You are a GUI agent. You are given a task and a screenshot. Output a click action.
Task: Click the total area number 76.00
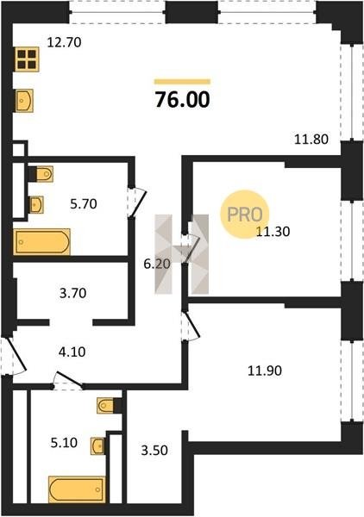pyautogui.click(x=182, y=100)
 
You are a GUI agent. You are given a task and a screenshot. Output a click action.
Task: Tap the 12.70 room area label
pyautogui.click(x=64, y=42)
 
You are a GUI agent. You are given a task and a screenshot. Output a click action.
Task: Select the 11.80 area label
pyautogui.click(x=311, y=139)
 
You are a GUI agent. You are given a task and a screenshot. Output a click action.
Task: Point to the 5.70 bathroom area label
pyautogui.click(x=84, y=203)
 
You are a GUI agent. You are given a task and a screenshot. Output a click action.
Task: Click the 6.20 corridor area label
pyautogui.click(x=157, y=264)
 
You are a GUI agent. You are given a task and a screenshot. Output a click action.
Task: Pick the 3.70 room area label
pyautogui.click(x=73, y=293)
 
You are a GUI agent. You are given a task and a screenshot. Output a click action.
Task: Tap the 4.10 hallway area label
pyautogui.click(x=72, y=352)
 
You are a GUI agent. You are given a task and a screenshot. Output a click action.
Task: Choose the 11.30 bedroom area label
pyautogui.click(x=273, y=232)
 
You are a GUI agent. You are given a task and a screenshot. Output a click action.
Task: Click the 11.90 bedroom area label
pyautogui.click(x=265, y=371)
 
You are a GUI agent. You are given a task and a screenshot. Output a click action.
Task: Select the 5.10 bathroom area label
pyautogui.click(x=64, y=443)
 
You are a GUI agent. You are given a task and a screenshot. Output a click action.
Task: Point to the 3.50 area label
pyautogui.click(x=154, y=450)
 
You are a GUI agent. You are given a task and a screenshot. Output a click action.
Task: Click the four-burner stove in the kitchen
pyautogui.click(x=27, y=59)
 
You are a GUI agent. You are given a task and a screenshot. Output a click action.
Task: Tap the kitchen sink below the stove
pyautogui.click(x=24, y=100)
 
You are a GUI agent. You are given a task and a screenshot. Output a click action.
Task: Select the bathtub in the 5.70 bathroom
pyautogui.click(x=41, y=241)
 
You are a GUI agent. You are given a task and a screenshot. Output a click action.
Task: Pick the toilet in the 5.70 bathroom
pyautogui.click(x=45, y=174)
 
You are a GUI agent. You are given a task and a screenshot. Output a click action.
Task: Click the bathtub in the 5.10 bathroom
pyautogui.click(x=77, y=489)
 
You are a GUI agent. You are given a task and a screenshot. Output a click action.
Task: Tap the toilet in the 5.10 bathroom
pyautogui.click(x=105, y=405)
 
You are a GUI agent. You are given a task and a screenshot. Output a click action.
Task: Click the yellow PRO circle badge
pyautogui.click(x=245, y=215)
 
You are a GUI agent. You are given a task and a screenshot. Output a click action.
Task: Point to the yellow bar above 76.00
pyautogui.click(x=182, y=82)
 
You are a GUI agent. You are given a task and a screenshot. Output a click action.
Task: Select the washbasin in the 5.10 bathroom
pyautogui.click(x=97, y=446)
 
